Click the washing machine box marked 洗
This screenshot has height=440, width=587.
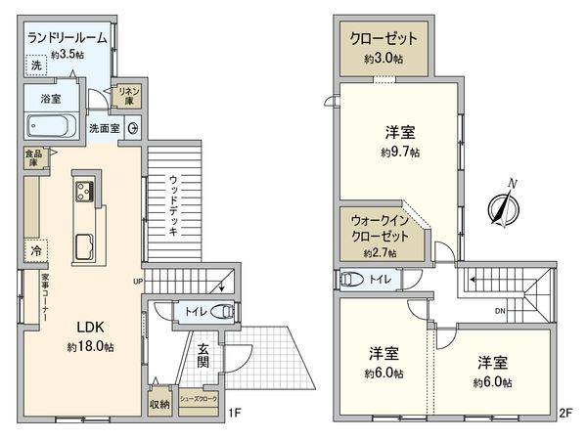36,66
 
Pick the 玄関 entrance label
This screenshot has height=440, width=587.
202,357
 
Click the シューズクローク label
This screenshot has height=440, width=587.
198,401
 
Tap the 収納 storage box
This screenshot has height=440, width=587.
159,404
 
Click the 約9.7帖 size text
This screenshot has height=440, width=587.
401,153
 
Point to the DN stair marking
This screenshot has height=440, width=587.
499,312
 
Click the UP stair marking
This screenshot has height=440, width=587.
138,281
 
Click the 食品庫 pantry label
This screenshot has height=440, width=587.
33,156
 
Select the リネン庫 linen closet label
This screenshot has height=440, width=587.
124,94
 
